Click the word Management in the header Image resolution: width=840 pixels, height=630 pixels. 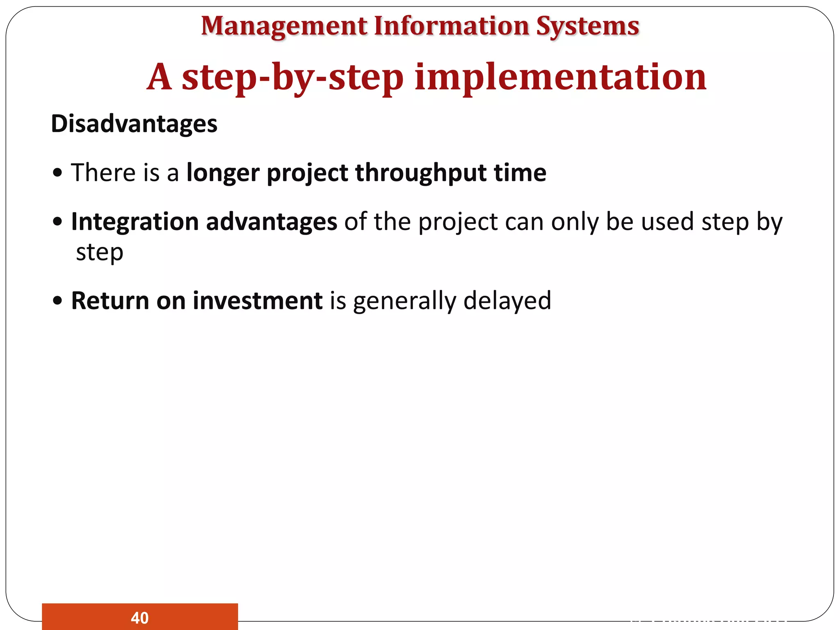[x=284, y=26]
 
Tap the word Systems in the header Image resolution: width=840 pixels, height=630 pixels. [x=587, y=26]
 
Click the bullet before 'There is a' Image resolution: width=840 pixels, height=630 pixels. [x=58, y=173]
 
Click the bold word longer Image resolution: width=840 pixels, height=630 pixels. [x=223, y=173]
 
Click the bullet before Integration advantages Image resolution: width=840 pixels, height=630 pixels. [x=58, y=222]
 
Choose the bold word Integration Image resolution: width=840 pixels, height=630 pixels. [x=135, y=222]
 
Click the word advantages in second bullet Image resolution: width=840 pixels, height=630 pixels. [x=271, y=222]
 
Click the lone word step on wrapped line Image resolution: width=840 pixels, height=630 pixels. [x=100, y=253]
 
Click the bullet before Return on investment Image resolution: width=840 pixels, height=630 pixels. [x=58, y=301]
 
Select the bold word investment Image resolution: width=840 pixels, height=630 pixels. [x=258, y=301]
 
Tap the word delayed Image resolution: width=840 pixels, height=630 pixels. [x=507, y=301]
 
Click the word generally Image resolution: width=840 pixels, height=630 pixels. [x=404, y=301]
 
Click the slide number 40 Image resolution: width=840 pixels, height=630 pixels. [x=139, y=618]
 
